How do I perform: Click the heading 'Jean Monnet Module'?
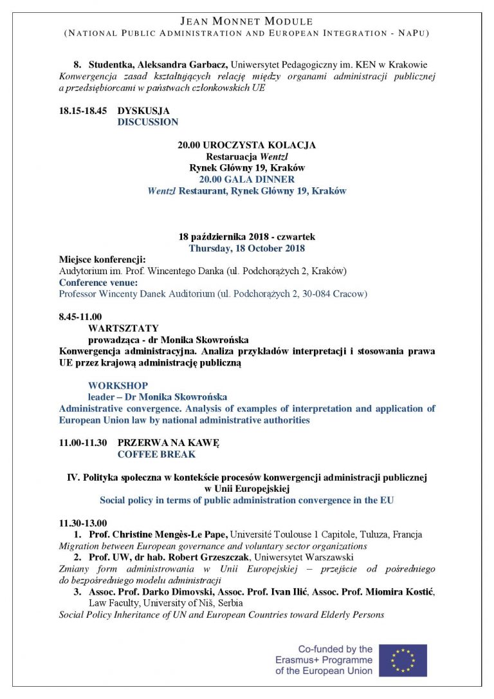pyautogui.click(x=247, y=22)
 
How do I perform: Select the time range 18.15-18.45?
pyautogui.click(x=82, y=111)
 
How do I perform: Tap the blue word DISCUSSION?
pyautogui.click(x=147, y=122)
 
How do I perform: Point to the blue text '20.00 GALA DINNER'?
pyautogui.click(x=247, y=180)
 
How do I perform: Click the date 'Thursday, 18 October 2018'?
pyautogui.click(x=247, y=248)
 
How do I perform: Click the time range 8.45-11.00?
pyautogui.click(x=80, y=317)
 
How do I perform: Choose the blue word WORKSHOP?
pyautogui.click(x=118, y=386)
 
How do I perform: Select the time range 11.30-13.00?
pyautogui.click(x=83, y=523)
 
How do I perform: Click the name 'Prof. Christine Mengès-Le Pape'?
pyautogui.click(x=158, y=534)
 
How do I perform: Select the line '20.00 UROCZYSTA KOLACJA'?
pyautogui.click(x=247, y=145)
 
